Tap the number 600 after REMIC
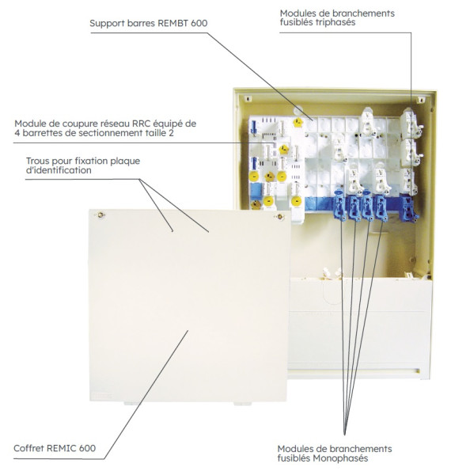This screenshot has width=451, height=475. [x=87, y=448]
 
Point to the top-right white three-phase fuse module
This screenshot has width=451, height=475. [x=409, y=119]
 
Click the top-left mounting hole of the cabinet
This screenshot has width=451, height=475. [x=247, y=99]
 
